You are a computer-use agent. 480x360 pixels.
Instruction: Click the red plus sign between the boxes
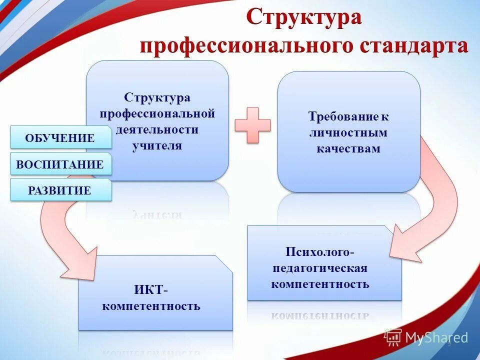(x=252, y=125)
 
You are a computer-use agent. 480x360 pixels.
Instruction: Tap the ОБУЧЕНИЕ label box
(x=60, y=138)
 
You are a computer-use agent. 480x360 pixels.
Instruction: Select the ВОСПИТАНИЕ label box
(x=60, y=164)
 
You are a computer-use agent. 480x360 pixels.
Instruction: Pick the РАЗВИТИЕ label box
(x=60, y=190)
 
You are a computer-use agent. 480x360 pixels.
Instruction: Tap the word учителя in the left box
(x=157, y=146)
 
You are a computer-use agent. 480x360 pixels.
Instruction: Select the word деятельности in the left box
(x=157, y=130)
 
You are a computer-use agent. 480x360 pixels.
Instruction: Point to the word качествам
(x=348, y=148)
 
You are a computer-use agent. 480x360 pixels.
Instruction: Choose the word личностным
(x=348, y=133)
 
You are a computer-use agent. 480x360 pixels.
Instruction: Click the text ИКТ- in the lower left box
(x=151, y=290)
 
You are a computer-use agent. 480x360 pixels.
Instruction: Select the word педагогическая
(x=320, y=268)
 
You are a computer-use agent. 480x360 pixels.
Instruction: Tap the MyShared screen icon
(x=393, y=337)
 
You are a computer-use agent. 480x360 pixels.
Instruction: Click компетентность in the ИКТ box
(x=151, y=306)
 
